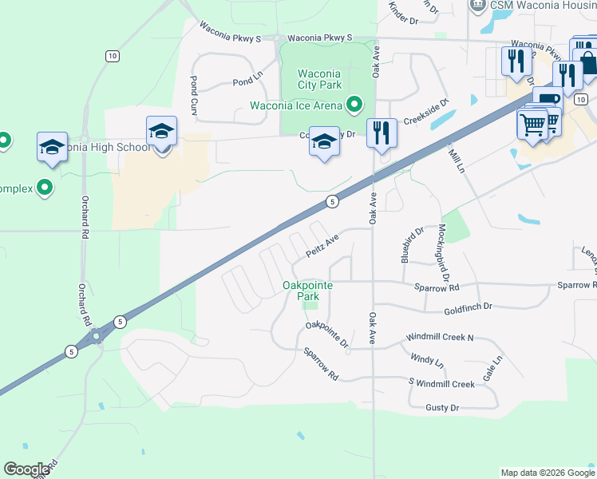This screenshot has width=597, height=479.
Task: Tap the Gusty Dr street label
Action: (x=443, y=408)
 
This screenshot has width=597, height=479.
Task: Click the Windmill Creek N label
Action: (x=439, y=338)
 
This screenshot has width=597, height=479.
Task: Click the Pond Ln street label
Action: (x=247, y=82)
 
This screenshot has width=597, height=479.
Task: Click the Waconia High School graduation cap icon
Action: (x=160, y=131)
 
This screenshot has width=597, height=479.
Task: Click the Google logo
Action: (x=26, y=469)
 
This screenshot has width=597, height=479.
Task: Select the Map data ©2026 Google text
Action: (x=547, y=473)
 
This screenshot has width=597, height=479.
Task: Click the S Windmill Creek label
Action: (x=441, y=384)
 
